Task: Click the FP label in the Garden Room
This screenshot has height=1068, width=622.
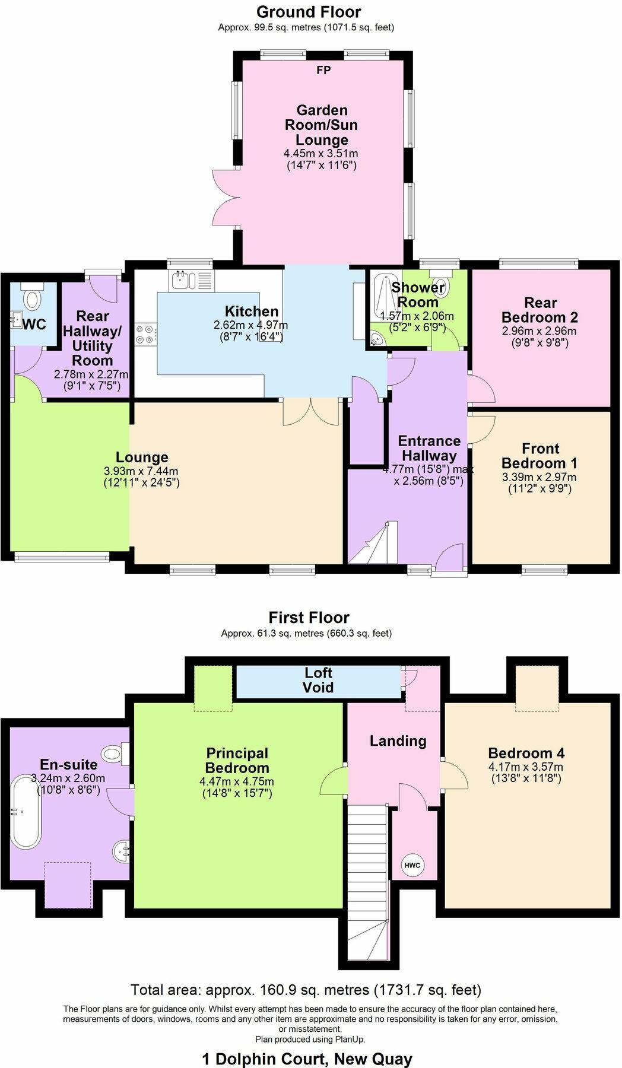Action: tap(323, 71)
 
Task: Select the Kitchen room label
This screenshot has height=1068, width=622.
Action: tap(252, 311)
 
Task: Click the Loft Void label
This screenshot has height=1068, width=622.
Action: tap(318, 680)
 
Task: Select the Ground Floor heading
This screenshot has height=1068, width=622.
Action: tap(309, 12)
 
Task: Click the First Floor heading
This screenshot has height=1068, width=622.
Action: tap(309, 618)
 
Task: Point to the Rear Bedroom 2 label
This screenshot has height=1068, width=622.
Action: tap(540, 310)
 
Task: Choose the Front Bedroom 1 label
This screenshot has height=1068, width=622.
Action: tap(540, 456)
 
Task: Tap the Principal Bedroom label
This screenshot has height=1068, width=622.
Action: tap(237, 761)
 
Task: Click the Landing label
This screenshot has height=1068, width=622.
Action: tap(398, 740)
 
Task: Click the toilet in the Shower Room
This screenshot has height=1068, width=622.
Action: tap(442, 286)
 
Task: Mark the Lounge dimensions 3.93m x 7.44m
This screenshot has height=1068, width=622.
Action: tap(141, 472)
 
